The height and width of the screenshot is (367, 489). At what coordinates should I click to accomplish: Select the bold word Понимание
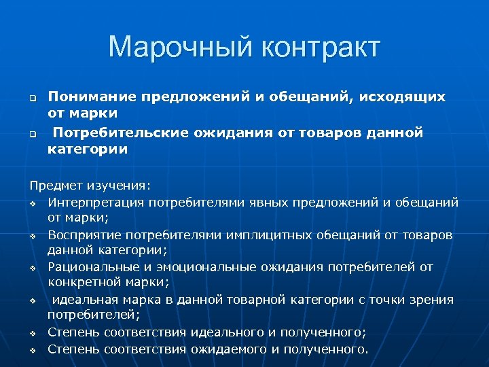click(90, 97)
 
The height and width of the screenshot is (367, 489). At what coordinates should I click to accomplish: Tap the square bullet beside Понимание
click(32, 98)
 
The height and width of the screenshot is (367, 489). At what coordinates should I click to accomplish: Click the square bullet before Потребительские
click(32, 133)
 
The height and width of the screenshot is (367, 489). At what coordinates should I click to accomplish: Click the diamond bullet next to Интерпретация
click(33, 203)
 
